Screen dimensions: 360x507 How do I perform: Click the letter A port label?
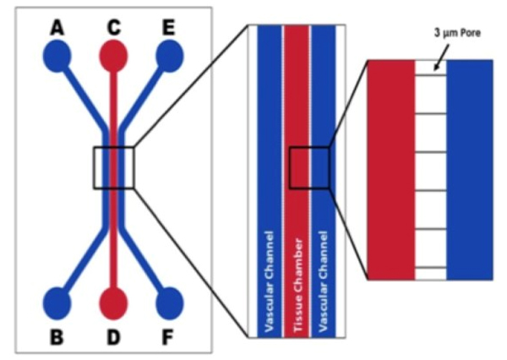tap(57, 28)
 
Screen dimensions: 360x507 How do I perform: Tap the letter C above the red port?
tap(113, 27)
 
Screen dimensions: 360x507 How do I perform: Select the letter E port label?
tap(169, 28)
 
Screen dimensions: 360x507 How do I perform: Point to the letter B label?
tap(57, 336)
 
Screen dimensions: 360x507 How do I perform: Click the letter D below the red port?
tap(113, 336)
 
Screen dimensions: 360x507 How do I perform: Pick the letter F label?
tap(170, 336)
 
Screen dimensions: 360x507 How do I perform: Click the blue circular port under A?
tap(57, 57)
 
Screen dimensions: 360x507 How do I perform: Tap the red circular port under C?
tap(113, 57)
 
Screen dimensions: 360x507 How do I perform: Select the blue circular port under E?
tap(169, 57)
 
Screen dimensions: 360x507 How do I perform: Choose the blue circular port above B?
tap(57, 303)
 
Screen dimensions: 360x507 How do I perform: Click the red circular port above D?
tap(113, 303)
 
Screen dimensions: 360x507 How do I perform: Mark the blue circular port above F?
tap(170, 303)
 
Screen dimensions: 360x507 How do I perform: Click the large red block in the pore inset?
tap(391, 169)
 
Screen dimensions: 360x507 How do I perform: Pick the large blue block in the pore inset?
tap(470, 169)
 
